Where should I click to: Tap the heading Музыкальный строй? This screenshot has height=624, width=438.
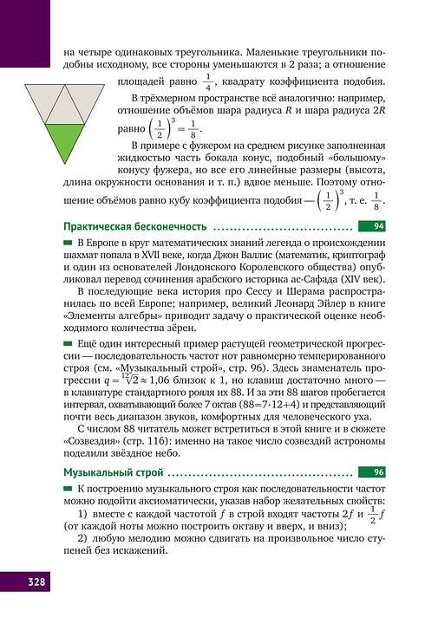tap(113, 472)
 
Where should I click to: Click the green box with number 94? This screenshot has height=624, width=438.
tap(378, 226)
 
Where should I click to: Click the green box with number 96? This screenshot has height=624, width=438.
tap(378, 472)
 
